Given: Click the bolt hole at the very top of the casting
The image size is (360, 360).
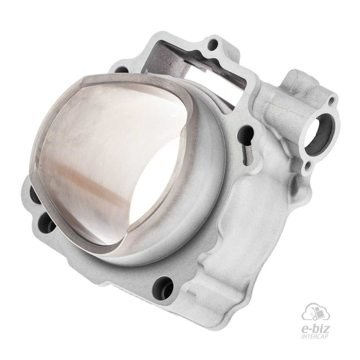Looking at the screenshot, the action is [213, 45].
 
